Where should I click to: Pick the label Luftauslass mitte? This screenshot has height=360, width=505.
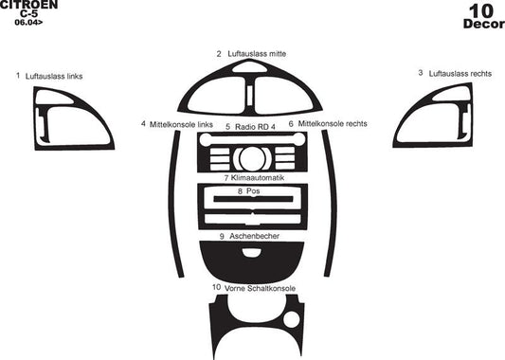pos(257,54)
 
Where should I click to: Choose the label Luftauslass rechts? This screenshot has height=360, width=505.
pos(460,73)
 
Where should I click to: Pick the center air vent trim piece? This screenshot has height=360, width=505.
pos(252,91)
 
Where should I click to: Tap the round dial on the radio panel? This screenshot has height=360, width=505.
pos(252,157)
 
